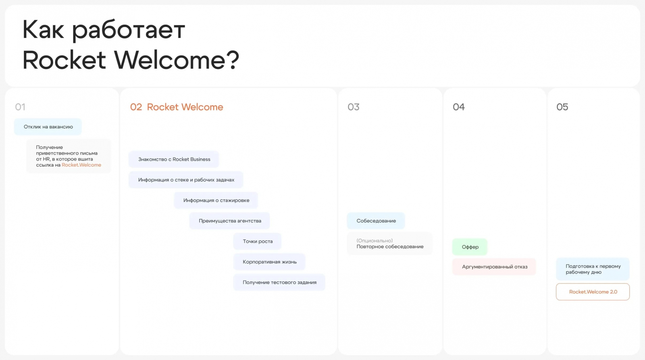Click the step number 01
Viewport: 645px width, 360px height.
(x=20, y=107)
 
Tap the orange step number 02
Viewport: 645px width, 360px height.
(x=136, y=107)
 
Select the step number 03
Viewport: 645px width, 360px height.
(x=353, y=107)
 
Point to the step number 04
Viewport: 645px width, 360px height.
(x=459, y=107)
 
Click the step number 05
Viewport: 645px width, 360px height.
(x=562, y=107)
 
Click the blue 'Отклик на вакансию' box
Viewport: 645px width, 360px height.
(x=48, y=127)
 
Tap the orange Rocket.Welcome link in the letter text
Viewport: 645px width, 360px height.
(x=81, y=165)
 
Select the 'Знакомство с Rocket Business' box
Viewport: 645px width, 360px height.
(x=174, y=159)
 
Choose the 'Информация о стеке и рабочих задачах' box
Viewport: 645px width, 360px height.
(x=186, y=180)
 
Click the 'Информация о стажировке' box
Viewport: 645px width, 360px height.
(x=216, y=200)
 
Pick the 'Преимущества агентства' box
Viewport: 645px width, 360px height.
(x=230, y=221)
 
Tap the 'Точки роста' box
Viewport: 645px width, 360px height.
(x=258, y=241)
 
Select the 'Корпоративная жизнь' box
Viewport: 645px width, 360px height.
(x=270, y=262)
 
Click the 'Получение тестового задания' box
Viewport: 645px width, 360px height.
(x=279, y=282)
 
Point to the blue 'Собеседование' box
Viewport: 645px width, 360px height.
(x=376, y=221)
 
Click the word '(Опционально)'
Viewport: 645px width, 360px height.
(x=375, y=241)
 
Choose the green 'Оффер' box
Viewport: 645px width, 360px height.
(x=470, y=247)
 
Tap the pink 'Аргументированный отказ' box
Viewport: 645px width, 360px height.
(x=494, y=267)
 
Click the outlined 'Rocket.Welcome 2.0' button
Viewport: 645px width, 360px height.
(x=593, y=292)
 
